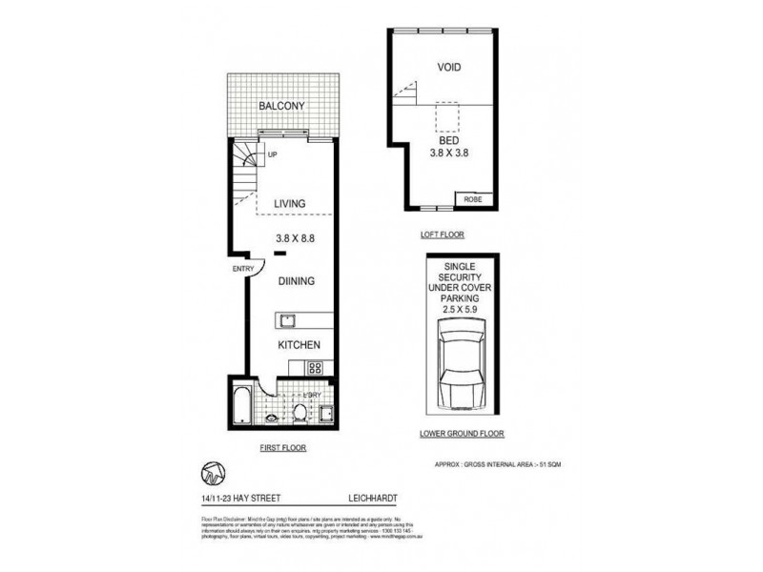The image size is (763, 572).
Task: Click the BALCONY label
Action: click(x=282, y=106)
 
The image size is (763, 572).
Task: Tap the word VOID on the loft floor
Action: click(x=449, y=68)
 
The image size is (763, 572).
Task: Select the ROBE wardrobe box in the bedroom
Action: click(x=474, y=199)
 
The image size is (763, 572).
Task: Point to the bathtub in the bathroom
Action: click(x=240, y=400)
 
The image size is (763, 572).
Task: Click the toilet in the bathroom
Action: click(x=298, y=412)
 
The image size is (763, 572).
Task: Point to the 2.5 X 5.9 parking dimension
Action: click(x=461, y=309)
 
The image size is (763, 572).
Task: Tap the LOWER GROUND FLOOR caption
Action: click(x=462, y=433)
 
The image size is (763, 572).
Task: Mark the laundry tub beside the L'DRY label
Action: click(x=326, y=413)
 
